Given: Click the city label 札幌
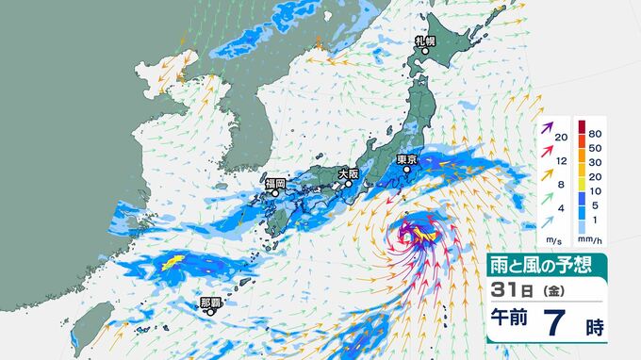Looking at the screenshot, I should [426, 41].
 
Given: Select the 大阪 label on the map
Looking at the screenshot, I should [348, 173].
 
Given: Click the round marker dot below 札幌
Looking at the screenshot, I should [426, 52].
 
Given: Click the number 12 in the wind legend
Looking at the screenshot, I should [562, 161].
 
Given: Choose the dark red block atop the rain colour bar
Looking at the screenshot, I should [580, 128].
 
